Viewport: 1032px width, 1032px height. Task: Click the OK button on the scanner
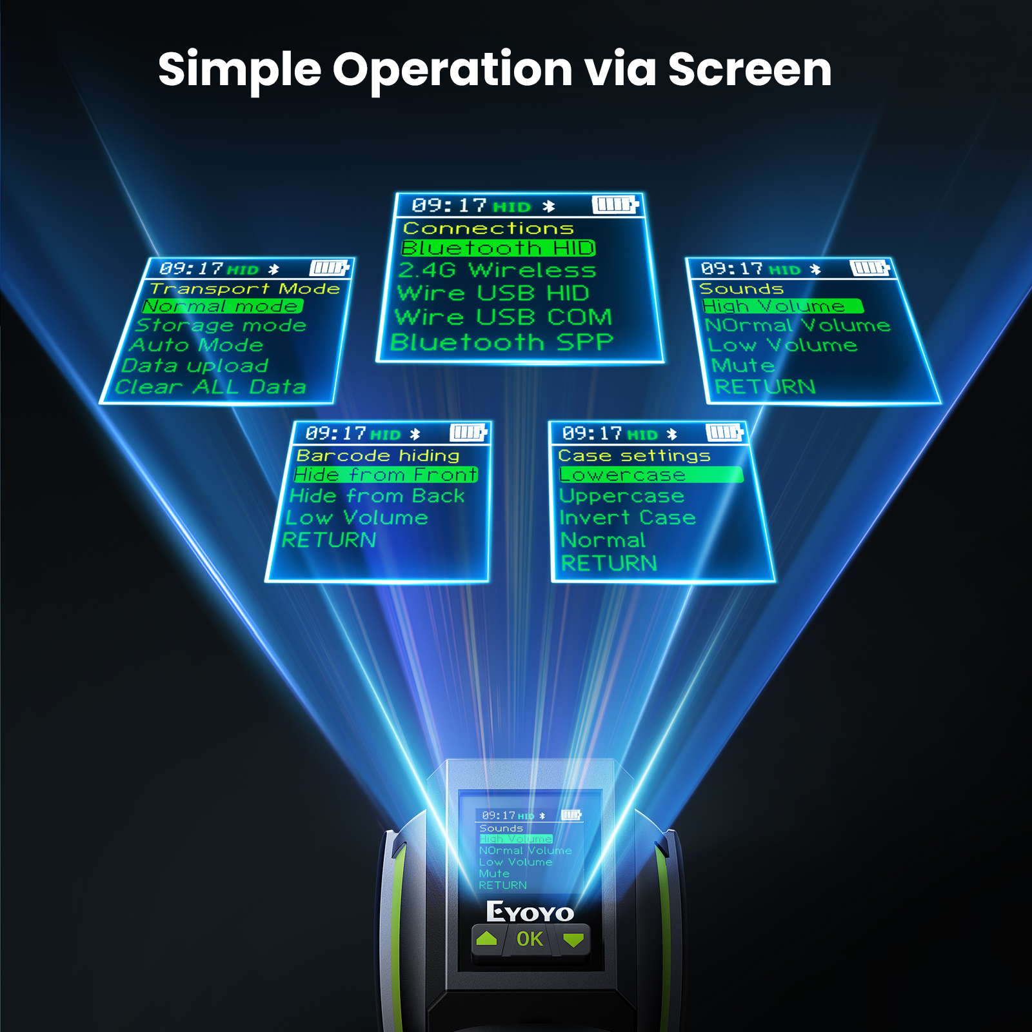point(530,939)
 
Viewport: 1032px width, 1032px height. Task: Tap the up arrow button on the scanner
point(487,939)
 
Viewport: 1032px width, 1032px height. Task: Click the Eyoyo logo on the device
point(530,912)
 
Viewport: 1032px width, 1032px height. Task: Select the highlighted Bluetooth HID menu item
point(498,248)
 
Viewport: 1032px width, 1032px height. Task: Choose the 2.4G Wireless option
point(497,270)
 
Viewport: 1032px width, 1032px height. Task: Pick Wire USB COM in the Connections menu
point(503,317)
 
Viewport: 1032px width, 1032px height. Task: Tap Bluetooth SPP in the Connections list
point(502,342)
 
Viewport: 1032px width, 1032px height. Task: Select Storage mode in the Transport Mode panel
point(221,325)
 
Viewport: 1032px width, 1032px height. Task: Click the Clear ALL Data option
point(210,387)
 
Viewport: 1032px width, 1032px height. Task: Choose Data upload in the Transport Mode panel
point(195,366)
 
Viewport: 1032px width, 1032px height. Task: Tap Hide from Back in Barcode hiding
point(377,496)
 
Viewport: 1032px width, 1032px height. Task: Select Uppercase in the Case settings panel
point(622,496)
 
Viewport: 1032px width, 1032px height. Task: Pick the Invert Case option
point(628,518)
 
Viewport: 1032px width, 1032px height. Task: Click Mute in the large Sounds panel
point(742,366)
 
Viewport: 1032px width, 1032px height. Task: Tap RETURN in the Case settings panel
point(609,564)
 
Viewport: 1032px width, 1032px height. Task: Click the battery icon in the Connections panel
point(615,205)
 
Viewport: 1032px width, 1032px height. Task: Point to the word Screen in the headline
point(749,70)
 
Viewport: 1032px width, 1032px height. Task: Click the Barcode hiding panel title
point(378,455)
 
